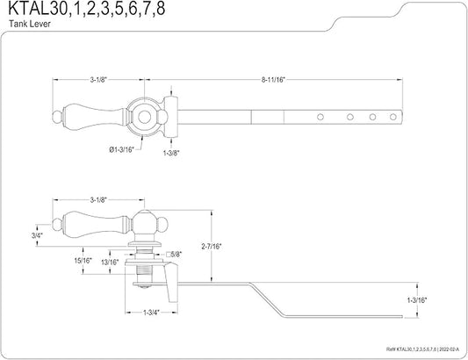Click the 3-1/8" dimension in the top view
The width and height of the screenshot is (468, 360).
(x=97, y=81)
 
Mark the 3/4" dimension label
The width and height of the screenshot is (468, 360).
(x=36, y=234)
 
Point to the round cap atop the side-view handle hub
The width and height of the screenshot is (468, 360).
(x=144, y=218)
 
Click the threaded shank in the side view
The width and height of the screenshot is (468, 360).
(x=143, y=263)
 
